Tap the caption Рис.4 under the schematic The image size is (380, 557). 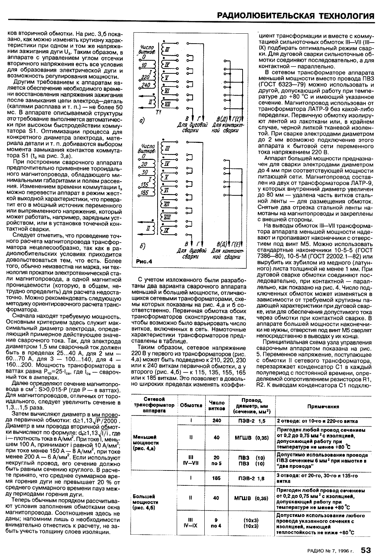tap(144, 262)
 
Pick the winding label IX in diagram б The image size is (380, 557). tap(167, 230)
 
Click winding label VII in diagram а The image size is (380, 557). tap(168, 104)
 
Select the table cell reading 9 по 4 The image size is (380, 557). tap(216, 523)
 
